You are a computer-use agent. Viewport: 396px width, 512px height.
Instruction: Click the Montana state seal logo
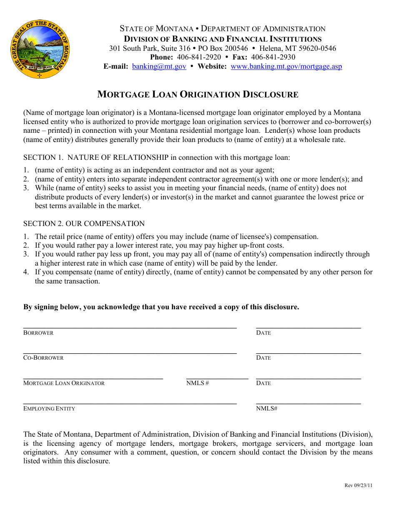(40, 49)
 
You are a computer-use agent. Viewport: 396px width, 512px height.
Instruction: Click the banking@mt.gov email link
(159, 66)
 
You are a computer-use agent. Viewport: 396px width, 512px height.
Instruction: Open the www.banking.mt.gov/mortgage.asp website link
(286, 66)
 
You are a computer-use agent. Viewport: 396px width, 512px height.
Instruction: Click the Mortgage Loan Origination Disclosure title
(198, 94)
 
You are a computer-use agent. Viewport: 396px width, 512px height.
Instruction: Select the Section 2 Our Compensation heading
(84, 224)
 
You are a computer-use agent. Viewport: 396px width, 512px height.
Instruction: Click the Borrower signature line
(130, 327)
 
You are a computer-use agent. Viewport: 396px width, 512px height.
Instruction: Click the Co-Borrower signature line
(130, 353)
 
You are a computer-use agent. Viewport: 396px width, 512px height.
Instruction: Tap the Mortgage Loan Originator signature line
(93, 378)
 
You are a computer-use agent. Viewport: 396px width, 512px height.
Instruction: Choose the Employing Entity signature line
(130, 403)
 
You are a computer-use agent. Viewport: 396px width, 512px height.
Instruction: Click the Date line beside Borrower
(308, 327)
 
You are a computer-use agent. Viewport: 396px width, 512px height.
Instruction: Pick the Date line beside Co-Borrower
(308, 353)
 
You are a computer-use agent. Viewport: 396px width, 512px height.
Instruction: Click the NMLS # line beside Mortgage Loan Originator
(217, 378)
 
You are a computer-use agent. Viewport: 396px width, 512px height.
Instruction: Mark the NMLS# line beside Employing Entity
(308, 403)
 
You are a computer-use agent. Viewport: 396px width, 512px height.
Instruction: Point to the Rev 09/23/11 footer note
(358, 485)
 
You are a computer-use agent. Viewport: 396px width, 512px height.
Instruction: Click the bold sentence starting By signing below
(161, 307)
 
